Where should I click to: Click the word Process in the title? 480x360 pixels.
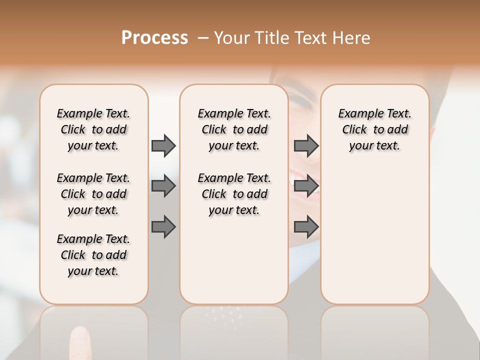click(154, 38)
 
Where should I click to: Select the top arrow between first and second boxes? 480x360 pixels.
click(163, 145)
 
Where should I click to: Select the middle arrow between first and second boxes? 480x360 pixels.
click(163, 186)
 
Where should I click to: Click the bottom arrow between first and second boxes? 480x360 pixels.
click(163, 227)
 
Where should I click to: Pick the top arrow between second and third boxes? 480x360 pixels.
click(306, 145)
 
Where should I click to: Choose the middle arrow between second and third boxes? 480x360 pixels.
click(306, 186)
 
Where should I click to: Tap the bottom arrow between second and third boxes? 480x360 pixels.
click(306, 227)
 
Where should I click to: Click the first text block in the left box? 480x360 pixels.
click(93, 129)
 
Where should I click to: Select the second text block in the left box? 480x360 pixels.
click(93, 194)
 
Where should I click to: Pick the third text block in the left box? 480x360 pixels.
click(93, 255)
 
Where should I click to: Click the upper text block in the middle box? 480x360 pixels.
click(234, 129)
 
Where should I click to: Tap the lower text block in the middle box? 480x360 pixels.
click(234, 194)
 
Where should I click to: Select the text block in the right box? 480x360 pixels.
click(374, 129)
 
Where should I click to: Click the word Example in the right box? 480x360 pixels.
click(357, 114)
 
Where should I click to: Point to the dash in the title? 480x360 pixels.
click(203, 38)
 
